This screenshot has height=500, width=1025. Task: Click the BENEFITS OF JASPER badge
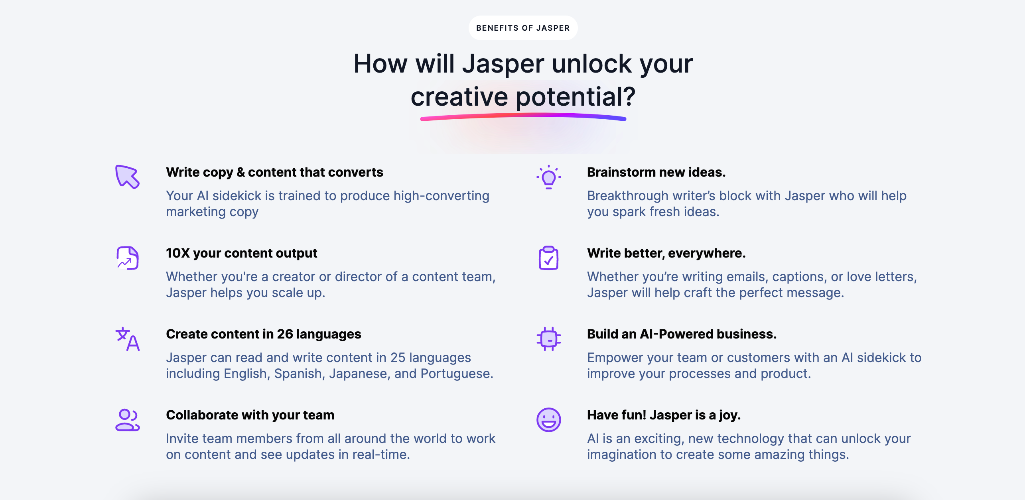coord(523,28)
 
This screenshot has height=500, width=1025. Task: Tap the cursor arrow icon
coord(127,177)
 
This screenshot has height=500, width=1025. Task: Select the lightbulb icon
coord(548,177)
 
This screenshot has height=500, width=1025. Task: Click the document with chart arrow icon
coord(127,258)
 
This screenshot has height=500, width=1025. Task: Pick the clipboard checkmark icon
coord(548,258)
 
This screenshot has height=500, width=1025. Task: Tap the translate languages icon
coord(127,339)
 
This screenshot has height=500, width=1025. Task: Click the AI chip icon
coord(548,339)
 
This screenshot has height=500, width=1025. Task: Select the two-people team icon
coord(127,420)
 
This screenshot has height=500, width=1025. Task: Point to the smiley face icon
coord(548,420)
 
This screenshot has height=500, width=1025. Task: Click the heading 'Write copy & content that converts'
coord(274,172)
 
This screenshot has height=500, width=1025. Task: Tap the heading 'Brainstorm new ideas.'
coord(656,172)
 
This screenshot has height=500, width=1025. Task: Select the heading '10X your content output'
coord(241,253)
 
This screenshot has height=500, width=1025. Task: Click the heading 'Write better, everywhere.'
coord(666,253)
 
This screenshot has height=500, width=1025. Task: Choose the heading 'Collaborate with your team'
coord(250,415)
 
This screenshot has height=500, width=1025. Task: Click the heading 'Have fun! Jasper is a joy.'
coord(664,415)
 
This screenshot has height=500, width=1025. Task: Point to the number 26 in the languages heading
coord(285,334)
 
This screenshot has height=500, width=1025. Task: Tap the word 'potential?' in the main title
coord(576,97)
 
